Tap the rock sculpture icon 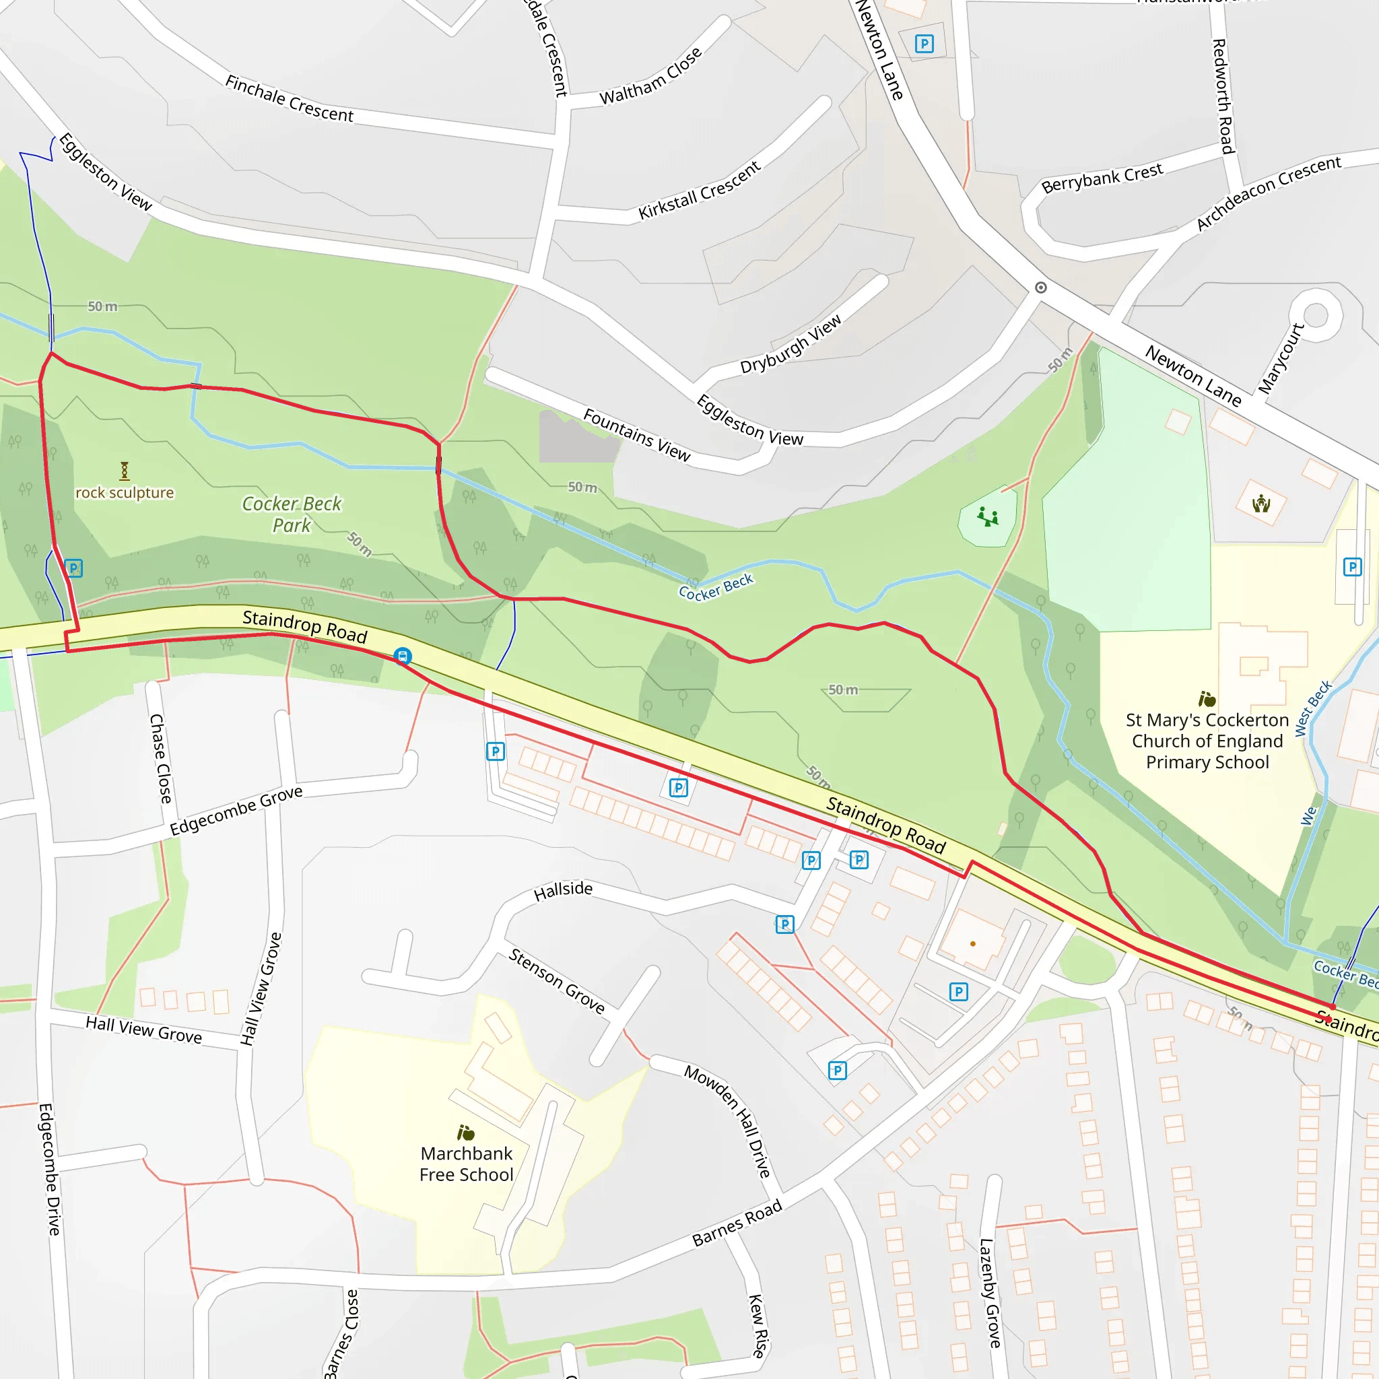tap(124, 471)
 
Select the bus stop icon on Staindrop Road tap(403, 656)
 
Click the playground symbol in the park tap(988, 516)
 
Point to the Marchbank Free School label tap(466, 1164)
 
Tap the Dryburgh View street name tap(791, 344)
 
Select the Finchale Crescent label tap(289, 98)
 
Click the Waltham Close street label tap(650, 77)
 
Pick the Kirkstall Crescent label tap(700, 191)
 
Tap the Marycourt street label tap(1281, 358)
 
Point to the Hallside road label tap(563, 890)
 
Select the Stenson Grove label tap(557, 980)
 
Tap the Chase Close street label tap(161, 758)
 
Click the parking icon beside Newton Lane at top tap(924, 44)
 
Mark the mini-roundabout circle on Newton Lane tap(1041, 288)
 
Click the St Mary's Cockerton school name tap(1207, 741)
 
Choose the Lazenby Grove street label tap(989, 1293)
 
